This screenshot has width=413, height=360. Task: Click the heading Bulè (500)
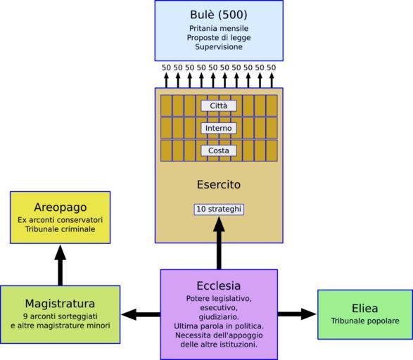coord(219,15)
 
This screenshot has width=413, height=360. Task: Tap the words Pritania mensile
coord(219,28)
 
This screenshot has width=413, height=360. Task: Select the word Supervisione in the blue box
coord(219,47)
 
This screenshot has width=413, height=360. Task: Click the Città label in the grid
coord(219,105)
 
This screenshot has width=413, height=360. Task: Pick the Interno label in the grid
coord(219,128)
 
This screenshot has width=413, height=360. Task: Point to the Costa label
coord(219,150)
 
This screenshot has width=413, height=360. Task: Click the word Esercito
coord(219,184)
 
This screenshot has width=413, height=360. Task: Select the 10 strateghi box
coord(219,210)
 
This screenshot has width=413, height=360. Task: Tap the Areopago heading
coord(61,207)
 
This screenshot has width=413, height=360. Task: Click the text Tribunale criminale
coord(61,229)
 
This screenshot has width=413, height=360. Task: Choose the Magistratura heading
coord(60,304)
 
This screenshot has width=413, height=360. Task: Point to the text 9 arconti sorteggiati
coord(61,316)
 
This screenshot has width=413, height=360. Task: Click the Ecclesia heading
coord(219,285)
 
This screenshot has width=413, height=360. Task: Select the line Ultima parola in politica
coord(219,326)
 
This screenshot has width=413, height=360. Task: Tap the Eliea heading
coord(364,309)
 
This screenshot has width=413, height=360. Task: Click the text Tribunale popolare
coord(365,321)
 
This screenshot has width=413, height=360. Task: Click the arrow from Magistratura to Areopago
coord(61,265)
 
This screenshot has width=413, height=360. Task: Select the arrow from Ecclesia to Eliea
coord(297,314)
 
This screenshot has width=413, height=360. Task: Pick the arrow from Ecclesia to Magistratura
coord(141,314)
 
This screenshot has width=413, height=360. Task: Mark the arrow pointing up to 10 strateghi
coord(219,243)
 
